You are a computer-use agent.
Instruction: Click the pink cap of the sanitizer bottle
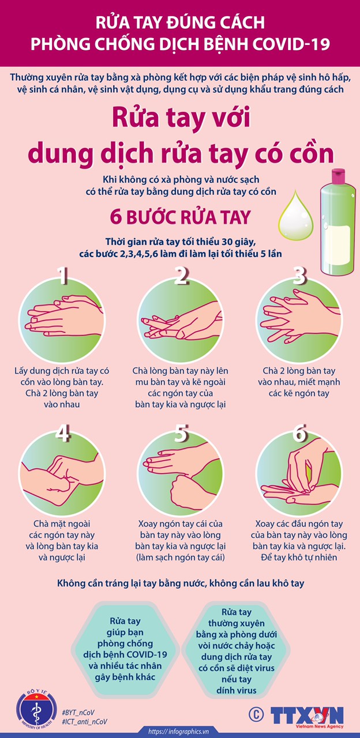(x=338, y=176)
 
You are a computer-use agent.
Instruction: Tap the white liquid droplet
(x=296, y=215)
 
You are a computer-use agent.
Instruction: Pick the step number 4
(x=62, y=432)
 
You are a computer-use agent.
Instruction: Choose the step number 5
(x=181, y=432)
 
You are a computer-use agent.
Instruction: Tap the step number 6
(x=299, y=432)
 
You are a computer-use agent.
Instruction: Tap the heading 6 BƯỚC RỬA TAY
(x=181, y=217)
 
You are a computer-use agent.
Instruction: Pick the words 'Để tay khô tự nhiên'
(x=299, y=557)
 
